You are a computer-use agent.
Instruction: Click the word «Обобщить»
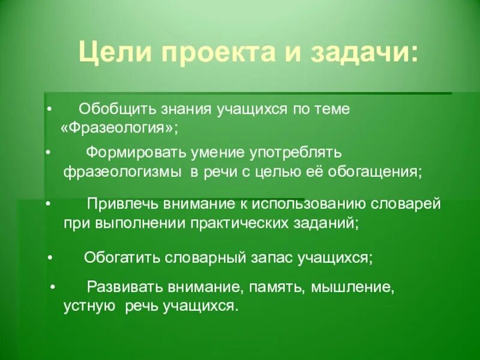[116, 110]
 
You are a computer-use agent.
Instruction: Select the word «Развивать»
[123, 287]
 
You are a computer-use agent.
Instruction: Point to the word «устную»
[89, 306]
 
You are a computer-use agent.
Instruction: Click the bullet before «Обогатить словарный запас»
[50, 258]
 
